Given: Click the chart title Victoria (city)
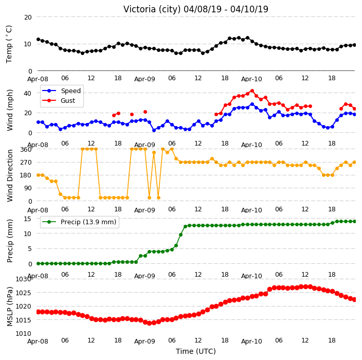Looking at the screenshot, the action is pyautogui.click(x=152, y=9).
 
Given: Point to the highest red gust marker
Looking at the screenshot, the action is pyautogui.click(x=252, y=91).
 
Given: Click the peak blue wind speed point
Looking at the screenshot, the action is pyautogui.click(x=252, y=104).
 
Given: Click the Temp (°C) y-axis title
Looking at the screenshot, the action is pyautogui.click(x=9, y=44).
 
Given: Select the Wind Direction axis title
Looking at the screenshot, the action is pyautogui.click(x=10, y=175).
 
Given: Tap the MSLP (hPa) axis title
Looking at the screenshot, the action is pyautogui.click(x=10, y=307).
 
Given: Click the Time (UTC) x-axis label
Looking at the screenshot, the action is pyautogui.click(x=196, y=351).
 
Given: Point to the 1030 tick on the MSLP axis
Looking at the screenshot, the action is pyautogui.click(x=23, y=279).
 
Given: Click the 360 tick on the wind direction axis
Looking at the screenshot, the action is pyautogui.click(x=26, y=150).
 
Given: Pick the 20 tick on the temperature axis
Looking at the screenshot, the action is pyautogui.click(x=28, y=17).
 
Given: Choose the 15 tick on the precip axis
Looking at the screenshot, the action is pyautogui.click(x=27, y=219).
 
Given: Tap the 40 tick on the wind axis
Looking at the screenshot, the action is pyautogui.click(x=27, y=93).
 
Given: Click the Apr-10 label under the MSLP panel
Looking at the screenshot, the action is pyautogui.click(x=251, y=341).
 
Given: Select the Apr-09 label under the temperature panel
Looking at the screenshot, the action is pyautogui.click(x=144, y=79).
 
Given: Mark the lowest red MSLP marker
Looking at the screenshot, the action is pyautogui.click(x=149, y=323).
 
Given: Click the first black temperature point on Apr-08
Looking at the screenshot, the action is pyautogui.click(x=39, y=40).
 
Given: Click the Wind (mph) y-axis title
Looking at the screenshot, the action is pyautogui.click(x=10, y=111).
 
